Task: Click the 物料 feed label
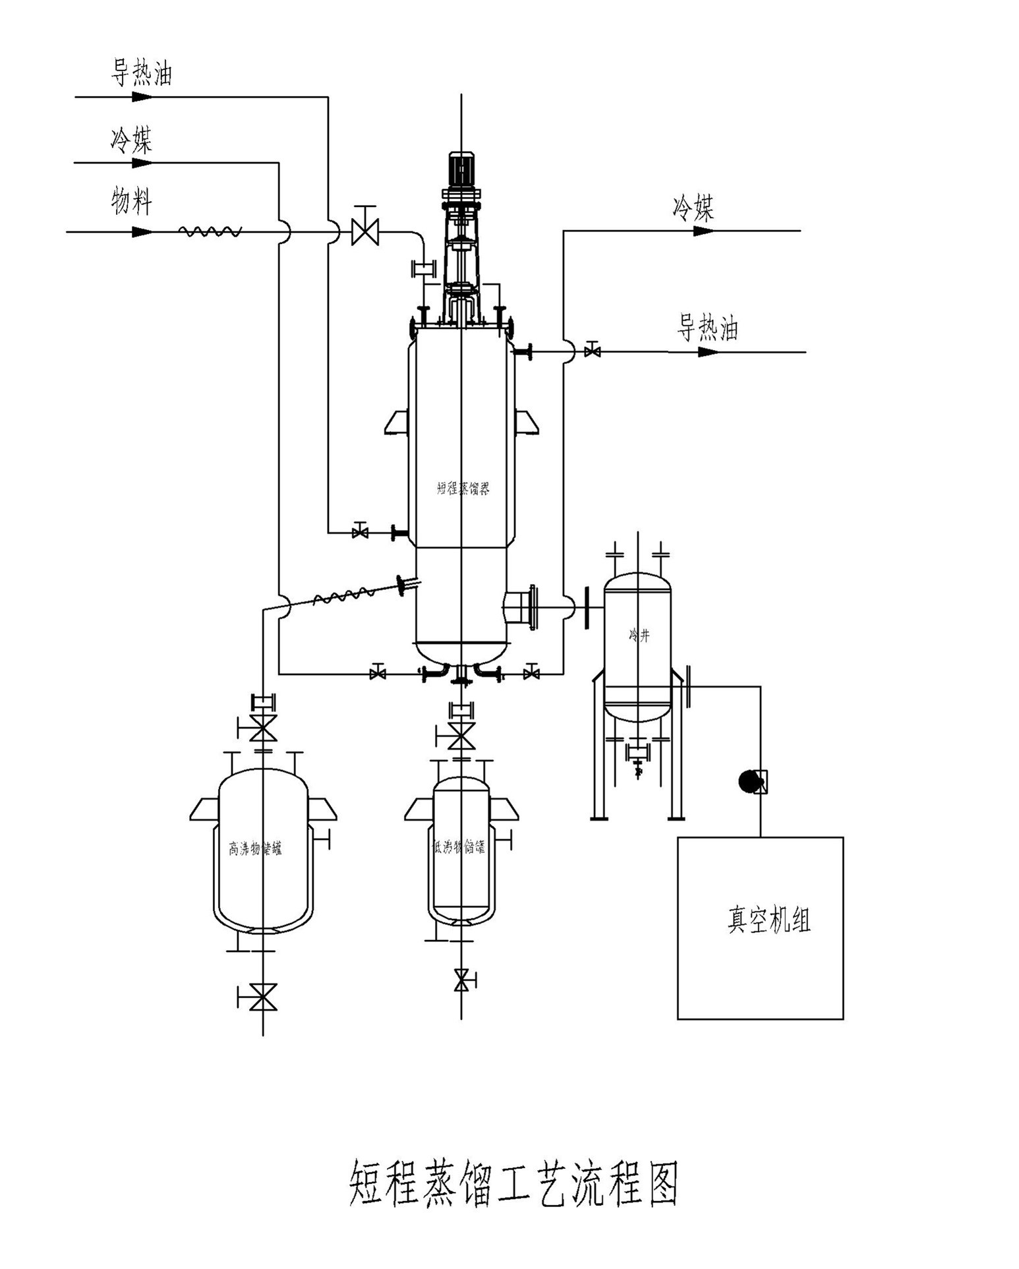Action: point(131,201)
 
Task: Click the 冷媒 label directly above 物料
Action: point(131,140)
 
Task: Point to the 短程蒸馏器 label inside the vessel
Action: point(463,488)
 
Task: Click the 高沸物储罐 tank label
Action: point(255,848)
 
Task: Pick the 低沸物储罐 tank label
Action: point(459,847)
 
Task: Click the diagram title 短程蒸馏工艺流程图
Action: point(513,1184)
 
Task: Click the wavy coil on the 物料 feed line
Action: point(210,231)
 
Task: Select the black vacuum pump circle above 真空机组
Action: point(749,782)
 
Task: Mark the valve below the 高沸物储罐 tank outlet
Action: point(262,997)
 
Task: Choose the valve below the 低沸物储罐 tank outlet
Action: point(462,980)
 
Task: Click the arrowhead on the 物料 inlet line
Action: point(142,232)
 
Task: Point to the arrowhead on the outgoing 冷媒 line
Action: point(703,231)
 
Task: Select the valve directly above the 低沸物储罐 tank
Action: point(461,736)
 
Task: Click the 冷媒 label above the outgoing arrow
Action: point(693,208)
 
